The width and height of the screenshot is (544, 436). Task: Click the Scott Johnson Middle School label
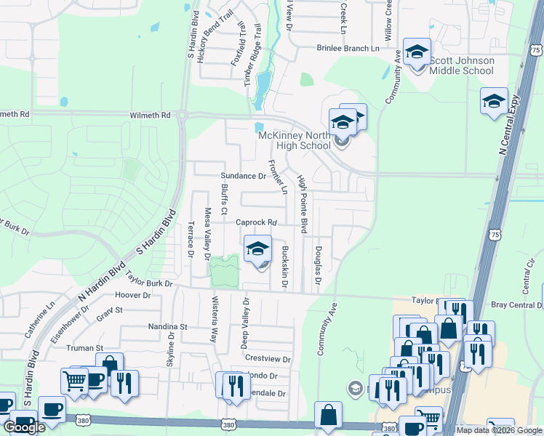point(461,65)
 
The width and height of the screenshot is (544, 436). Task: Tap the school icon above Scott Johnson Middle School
point(417,52)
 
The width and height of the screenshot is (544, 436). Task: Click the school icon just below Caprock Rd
point(257,251)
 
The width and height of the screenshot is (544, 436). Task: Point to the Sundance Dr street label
point(243,176)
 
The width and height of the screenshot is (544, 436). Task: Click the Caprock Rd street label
point(257,222)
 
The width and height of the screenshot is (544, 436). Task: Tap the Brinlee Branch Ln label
point(348,48)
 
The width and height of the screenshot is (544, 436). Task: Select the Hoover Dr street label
point(132,296)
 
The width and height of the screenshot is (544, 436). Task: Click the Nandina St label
point(169,327)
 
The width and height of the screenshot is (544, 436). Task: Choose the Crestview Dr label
point(268,359)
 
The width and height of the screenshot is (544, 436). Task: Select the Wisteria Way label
point(215,319)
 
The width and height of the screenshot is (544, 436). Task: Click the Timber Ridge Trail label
point(255,65)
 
